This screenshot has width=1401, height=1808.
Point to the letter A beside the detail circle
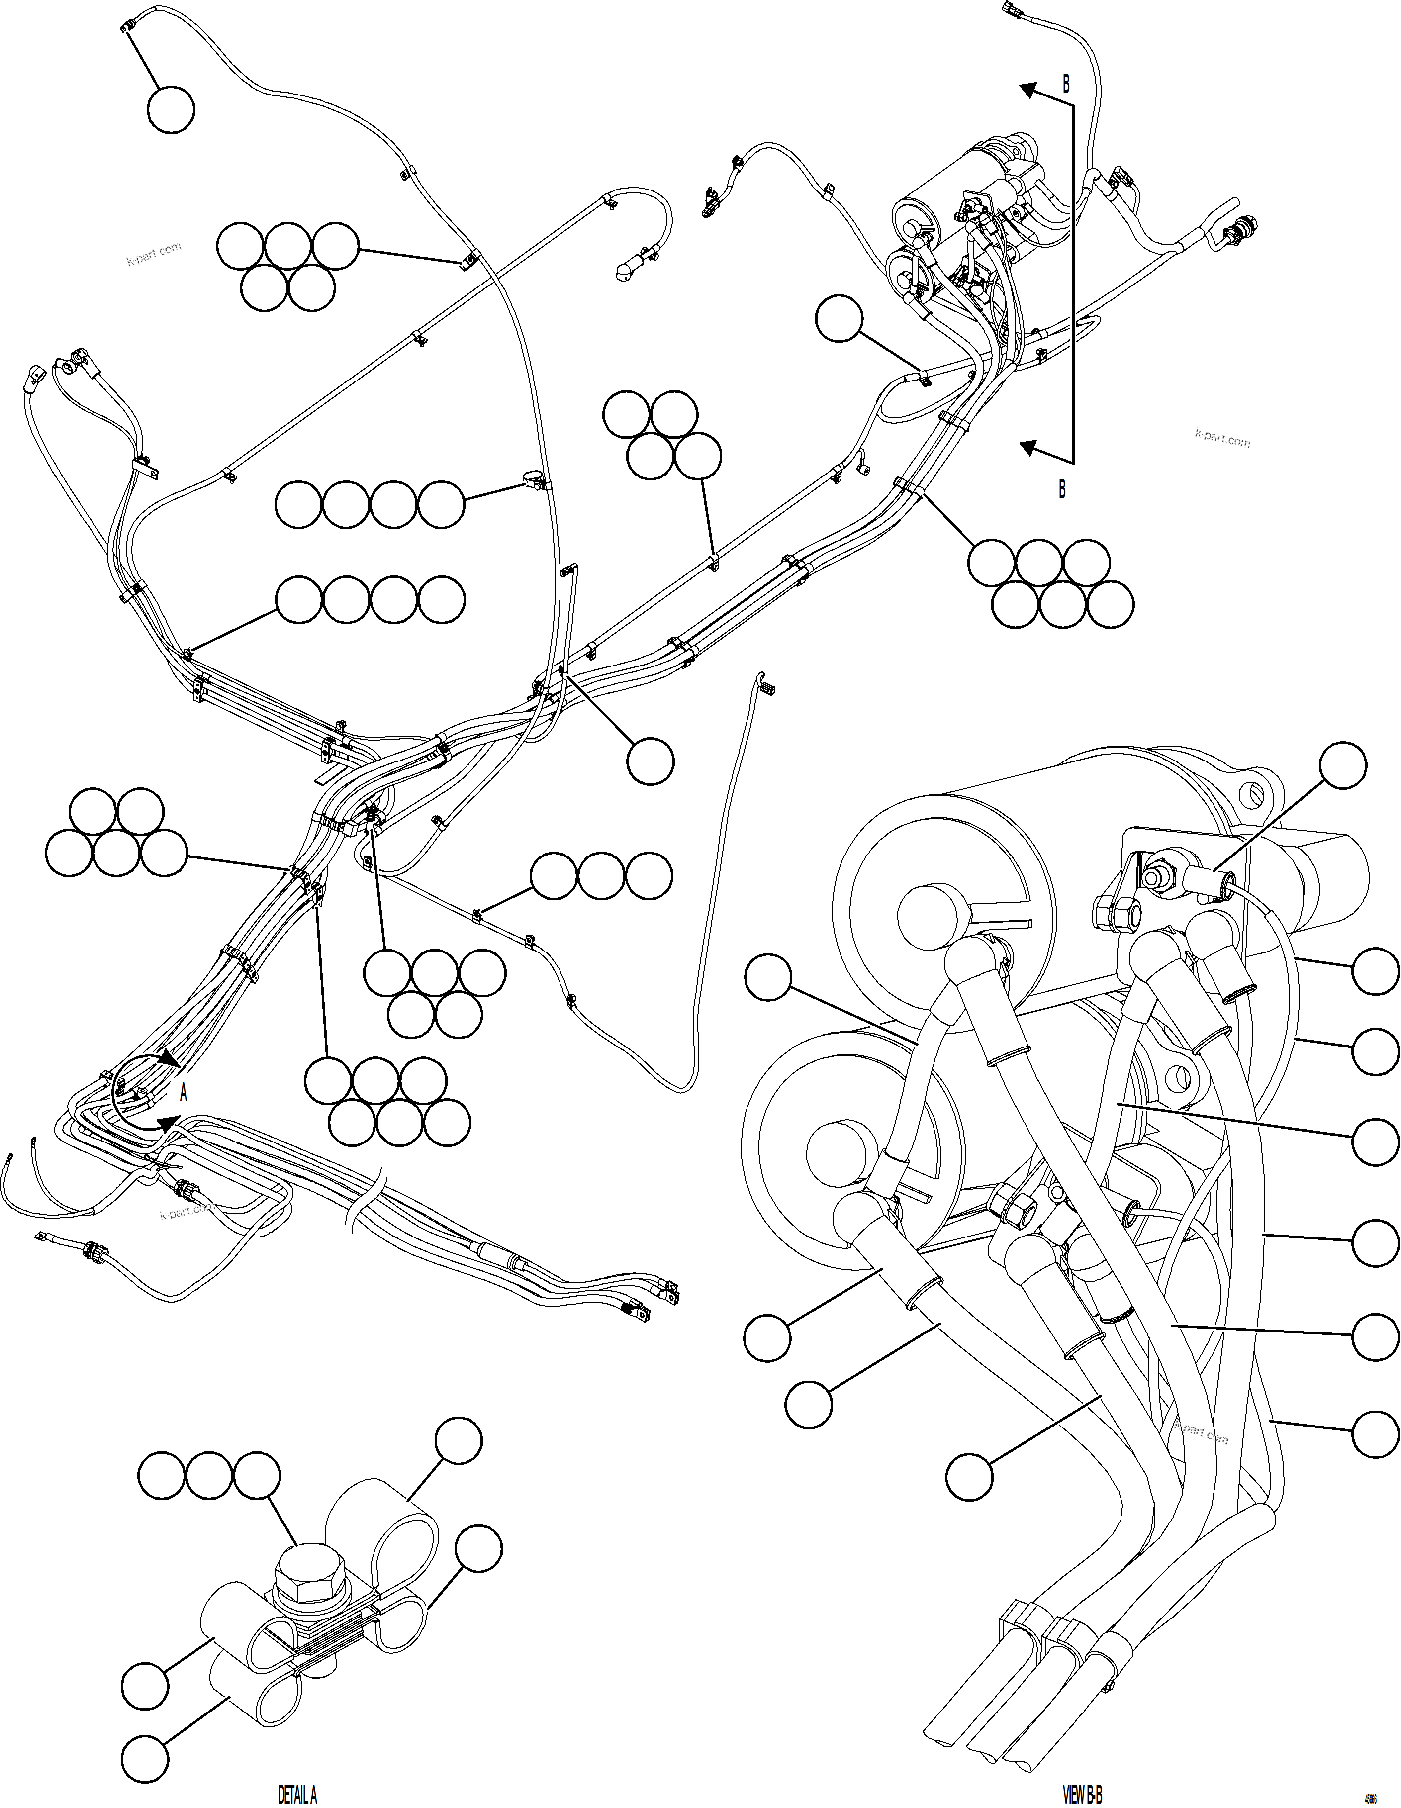[x=184, y=1093]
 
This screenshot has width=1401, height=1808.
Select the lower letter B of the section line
[x=1062, y=489]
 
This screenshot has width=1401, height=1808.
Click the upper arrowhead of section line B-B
[x=1028, y=90]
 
